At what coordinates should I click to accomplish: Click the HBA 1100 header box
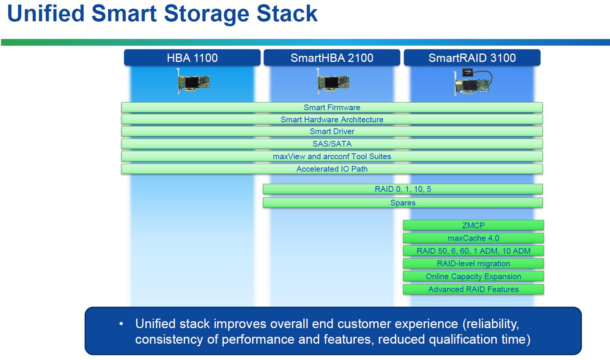[x=192, y=58]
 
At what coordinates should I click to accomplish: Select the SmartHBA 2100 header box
[x=332, y=58]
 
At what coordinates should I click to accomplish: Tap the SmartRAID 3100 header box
[x=472, y=58]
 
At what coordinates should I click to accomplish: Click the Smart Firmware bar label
[x=332, y=107]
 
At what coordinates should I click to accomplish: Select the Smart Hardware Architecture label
[x=332, y=120]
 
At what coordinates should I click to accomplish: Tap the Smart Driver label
[x=332, y=131]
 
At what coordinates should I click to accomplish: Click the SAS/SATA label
[x=332, y=144]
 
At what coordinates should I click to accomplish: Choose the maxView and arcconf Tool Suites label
[x=332, y=156]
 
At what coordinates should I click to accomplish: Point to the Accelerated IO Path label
[x=332, y=169]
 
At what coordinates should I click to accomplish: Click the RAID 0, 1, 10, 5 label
[x=403, y=189]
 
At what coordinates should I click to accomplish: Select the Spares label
[x=403, y=203]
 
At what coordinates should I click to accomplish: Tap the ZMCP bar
[x=473, y=225]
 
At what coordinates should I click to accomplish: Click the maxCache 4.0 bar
[x=473, y=238]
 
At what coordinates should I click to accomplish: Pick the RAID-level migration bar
[x=473, y=264]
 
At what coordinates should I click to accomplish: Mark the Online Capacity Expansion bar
[x=473, y=276]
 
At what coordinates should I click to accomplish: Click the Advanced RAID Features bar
[x=473, y=289]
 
